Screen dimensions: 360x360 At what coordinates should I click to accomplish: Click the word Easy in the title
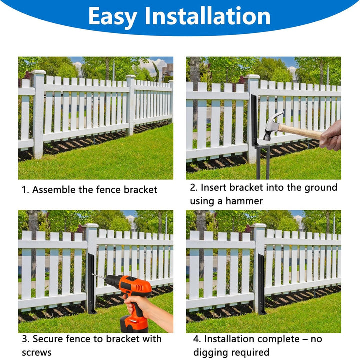113,17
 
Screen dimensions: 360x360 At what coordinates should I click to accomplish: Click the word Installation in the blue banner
208,16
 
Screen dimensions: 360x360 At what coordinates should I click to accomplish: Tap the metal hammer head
273,125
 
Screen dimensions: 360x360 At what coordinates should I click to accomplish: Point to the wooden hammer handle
301,131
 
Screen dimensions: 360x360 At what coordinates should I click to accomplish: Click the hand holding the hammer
330,136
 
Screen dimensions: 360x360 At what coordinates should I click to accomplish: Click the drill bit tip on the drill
92,274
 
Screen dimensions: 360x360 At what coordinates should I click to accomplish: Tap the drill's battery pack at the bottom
134,323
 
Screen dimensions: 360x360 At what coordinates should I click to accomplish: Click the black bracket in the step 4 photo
261,284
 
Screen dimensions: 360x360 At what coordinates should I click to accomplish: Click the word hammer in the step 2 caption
244,201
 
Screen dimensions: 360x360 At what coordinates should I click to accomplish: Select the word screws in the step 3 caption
37,353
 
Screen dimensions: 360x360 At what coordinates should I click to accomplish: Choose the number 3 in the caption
25,339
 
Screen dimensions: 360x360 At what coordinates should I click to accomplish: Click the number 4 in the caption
196,339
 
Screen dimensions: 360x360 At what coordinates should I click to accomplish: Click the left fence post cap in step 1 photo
39,72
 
